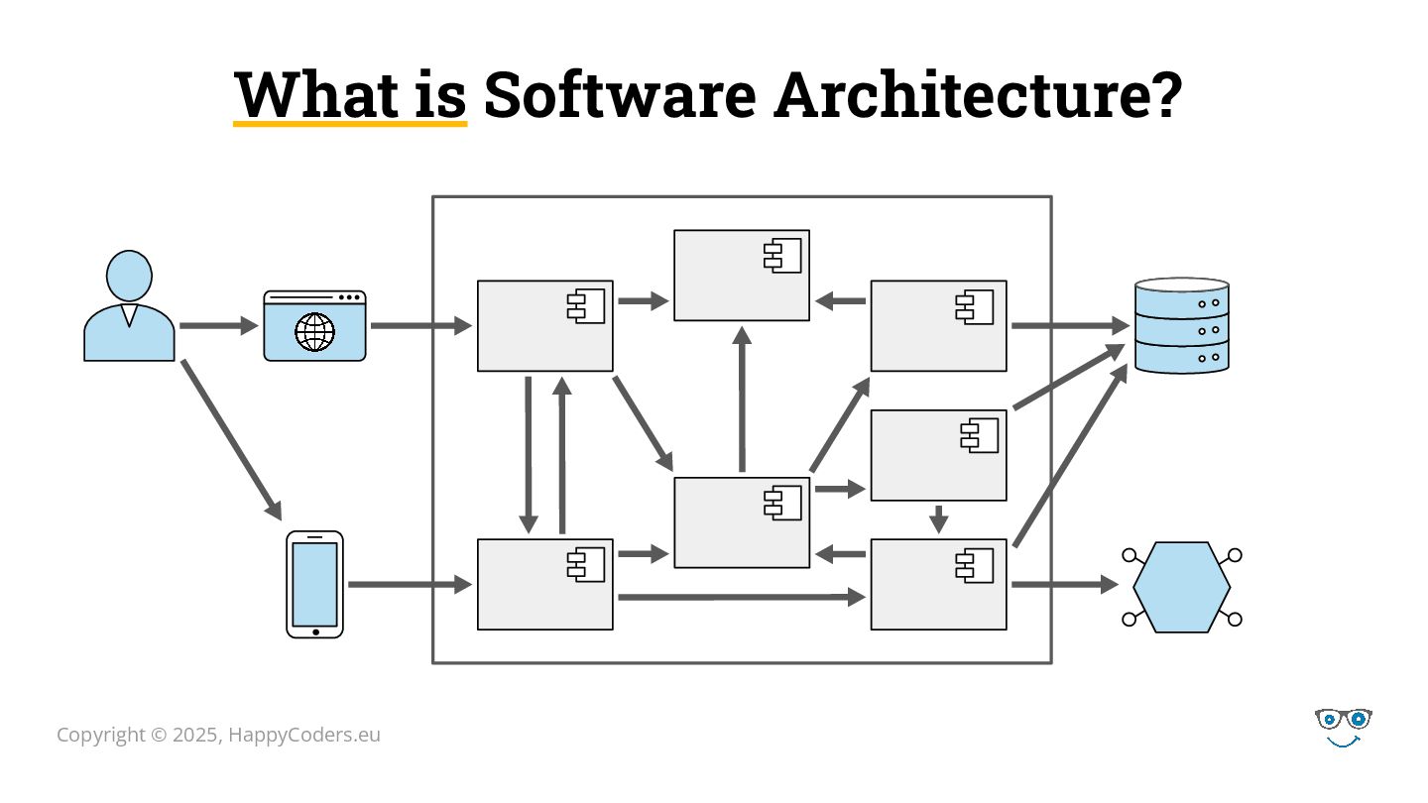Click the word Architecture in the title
tap(978, 94)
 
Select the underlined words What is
tap(350, 94)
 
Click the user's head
tap(129, 275)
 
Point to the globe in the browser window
tap(314, 332)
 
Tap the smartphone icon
tap(314, 584)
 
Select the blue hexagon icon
tap(1181, 587)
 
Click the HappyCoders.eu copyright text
tap(218, 735)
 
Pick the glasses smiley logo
tap(1343, 727)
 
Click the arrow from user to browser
tap(218, 325)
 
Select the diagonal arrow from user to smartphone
tap(231, 438)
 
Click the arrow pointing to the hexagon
tap(1063, 585)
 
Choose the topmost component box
tap(741, 276)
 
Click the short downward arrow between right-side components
tap(938, 518)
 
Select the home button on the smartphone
tap(315, 631)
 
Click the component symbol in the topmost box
tap(782, 256)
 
